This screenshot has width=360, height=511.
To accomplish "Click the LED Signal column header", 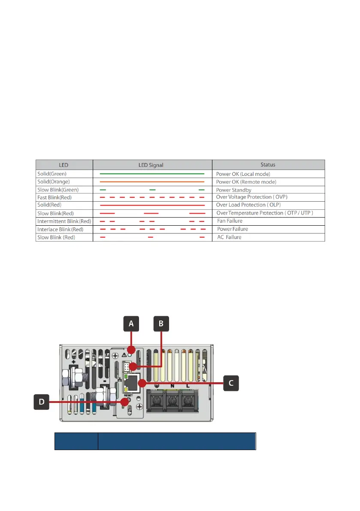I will [152, 165].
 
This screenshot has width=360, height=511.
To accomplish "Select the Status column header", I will [268, 165].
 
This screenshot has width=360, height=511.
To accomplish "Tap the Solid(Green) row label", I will [52, 174].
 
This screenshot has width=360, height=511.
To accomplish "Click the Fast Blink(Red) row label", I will [54, 197].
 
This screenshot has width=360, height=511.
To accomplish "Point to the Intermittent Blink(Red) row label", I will [64, 221].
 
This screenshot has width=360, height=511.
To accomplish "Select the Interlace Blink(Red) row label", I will [60, 230].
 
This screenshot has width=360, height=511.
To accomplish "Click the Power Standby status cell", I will [234, 190].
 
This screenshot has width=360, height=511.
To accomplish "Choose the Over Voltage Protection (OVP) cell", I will [252, 197].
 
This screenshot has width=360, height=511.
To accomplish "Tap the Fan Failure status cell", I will [230, 221].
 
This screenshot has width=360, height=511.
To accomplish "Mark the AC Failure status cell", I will [229, 237].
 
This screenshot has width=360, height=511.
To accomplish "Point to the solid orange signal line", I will [152, 182].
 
